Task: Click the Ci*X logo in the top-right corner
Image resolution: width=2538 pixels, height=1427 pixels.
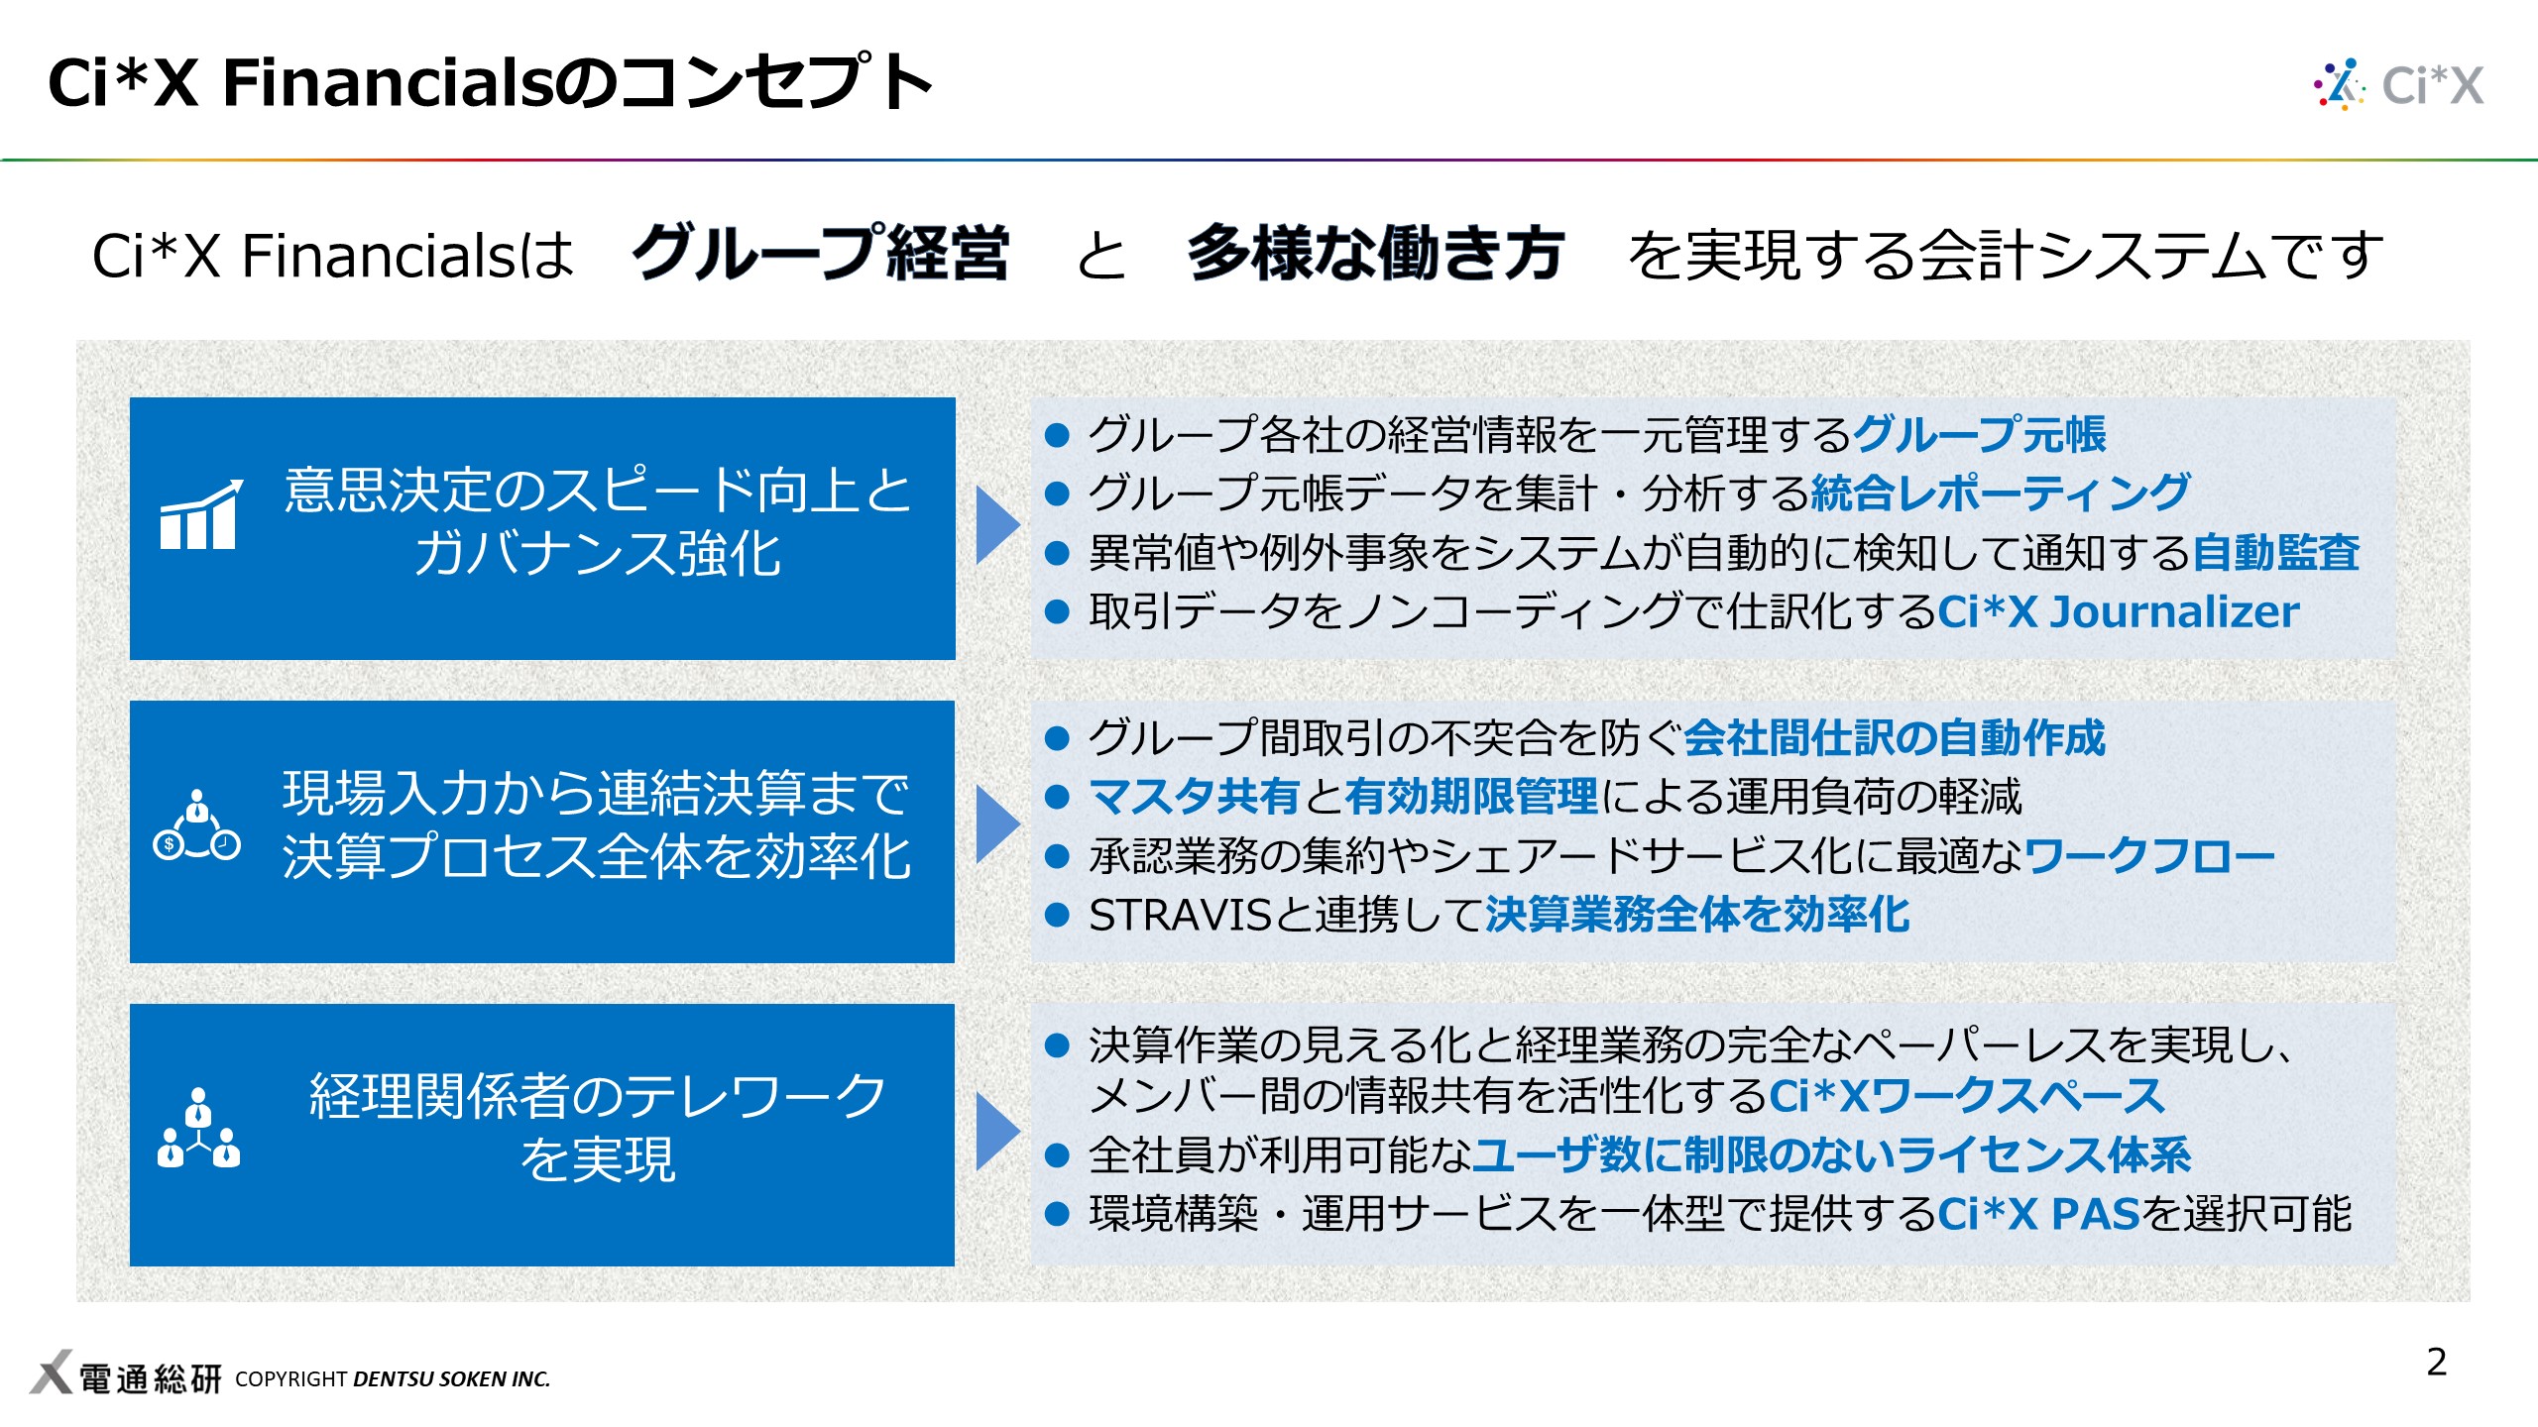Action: [2399, 84]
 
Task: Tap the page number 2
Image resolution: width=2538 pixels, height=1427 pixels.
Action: [2436, 1362]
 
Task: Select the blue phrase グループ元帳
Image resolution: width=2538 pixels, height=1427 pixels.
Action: [1979, 434]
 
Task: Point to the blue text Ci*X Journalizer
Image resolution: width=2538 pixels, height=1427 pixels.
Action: [2118, 611]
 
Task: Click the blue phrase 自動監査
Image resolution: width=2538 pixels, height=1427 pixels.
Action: [2275, 552]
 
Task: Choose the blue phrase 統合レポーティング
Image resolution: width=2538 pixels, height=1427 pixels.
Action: [2000, 493]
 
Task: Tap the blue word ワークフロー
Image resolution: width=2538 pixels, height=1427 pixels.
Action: [2149, 855]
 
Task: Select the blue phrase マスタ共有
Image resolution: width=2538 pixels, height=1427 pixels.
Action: [1195, 796]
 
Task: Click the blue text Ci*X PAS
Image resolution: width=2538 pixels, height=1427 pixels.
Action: [2038, 1213]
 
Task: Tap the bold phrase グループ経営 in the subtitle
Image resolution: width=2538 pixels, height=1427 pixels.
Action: [821, 254]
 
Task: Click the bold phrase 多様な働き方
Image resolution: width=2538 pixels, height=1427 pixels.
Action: [1376, 254]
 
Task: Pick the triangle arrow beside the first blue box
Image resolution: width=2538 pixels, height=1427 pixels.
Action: [996, 525]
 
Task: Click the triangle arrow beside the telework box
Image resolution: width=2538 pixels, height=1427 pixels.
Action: [996, 1132]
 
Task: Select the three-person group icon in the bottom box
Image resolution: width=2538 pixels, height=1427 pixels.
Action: [198, 1130]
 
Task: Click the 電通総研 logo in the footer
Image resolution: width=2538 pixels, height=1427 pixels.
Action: [126, 1377]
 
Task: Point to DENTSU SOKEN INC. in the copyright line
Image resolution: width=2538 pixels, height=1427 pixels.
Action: [451, 1378]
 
